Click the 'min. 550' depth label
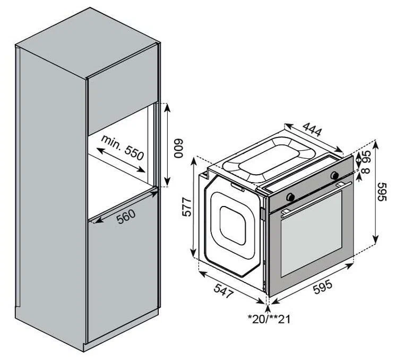(122, 148)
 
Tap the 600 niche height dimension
(179, 148)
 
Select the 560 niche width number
(126, 217)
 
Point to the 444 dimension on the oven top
(313, 129)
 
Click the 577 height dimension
(187, 207)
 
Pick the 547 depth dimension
(223, 290)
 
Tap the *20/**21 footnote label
(269, 319)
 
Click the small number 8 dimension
(366, 170)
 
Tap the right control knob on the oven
(335, 175)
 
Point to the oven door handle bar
(316, 199)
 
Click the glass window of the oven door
(311, 234)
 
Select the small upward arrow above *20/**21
(268, 308)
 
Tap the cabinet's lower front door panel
(123, 266)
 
